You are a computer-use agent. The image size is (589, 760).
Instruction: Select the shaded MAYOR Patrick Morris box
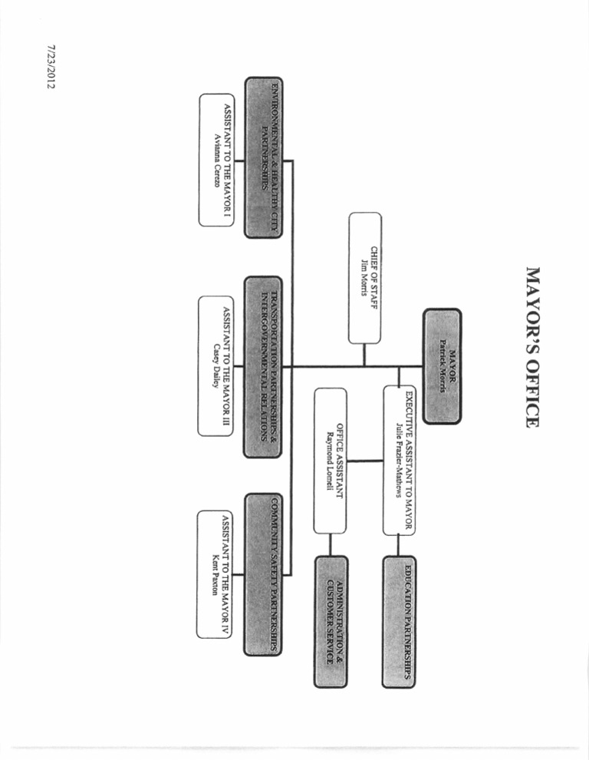(442, 365)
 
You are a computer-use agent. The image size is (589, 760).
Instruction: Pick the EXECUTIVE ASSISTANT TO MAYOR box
(400, 461)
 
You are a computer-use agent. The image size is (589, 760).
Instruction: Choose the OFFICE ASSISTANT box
(331, 461)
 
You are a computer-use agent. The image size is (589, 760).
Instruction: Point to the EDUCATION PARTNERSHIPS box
(400, 622)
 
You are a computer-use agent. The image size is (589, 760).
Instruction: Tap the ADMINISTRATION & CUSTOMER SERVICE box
(331, 622)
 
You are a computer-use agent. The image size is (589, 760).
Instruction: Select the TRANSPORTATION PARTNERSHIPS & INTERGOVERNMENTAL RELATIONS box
(262, 367)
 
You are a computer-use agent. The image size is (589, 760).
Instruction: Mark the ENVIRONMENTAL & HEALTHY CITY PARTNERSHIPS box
(262, 157)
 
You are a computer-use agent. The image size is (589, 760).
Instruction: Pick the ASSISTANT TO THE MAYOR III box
(216, 366)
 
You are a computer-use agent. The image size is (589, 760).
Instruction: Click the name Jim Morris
(366, 278)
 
